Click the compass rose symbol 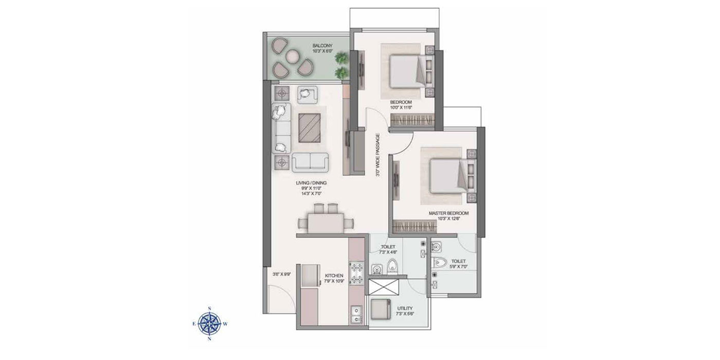210,323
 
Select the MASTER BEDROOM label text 449,212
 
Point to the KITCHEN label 334,276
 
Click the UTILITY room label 405,309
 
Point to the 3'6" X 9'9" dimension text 282,274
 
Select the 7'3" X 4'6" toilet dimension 388,253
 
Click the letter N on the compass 210,339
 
